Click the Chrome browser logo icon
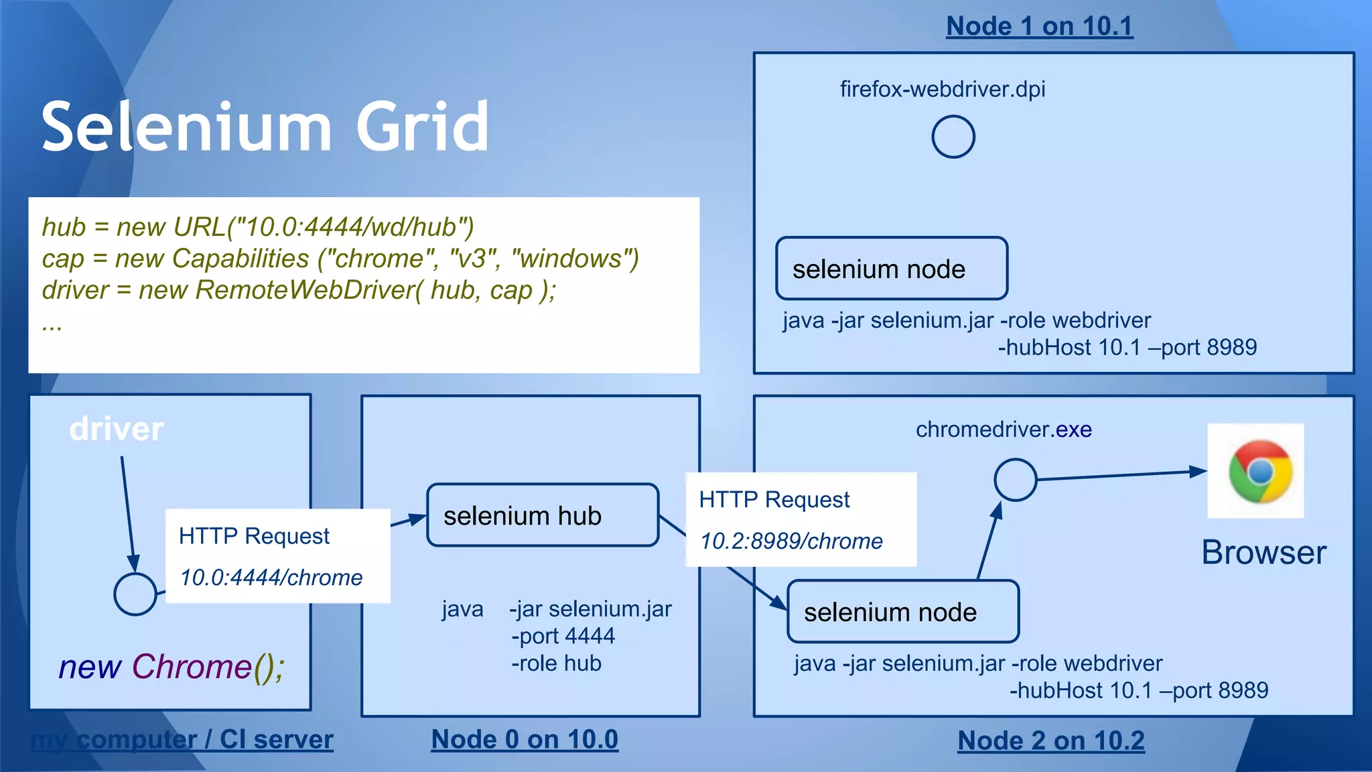click(x=1259, y=471)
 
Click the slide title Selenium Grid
click(x=265, y=127)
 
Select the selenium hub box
click(x=543, y=515)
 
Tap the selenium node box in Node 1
click(x=891, y=269)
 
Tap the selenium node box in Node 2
click(x=902, y=612)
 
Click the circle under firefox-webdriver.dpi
click(x=953, y=137)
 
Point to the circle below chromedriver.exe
click(x=1015, y=480)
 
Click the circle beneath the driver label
click(x=135, y=594)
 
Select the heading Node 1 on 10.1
click(x=1039, y=26)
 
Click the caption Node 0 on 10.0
click(x=525, y=739)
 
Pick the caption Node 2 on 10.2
click(x=1050, y=741)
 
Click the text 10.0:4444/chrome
click(x=271, y=578)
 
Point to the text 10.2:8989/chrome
click(x=791, y=541)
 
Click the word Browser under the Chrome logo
click(x=1263, y=553)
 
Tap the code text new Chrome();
click(x=171, y=667)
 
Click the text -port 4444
click(x=563, y=636)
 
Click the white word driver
click(x=116, y=429)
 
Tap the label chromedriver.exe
click(x=1004, y=430)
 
